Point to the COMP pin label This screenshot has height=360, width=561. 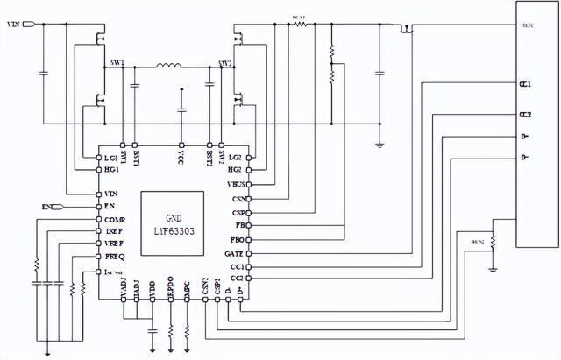point(114,219)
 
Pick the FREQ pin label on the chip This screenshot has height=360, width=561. point(114,257)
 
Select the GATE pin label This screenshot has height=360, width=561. point(235,253)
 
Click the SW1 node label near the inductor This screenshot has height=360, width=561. point(117,64)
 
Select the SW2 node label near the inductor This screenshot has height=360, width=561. point(224,64)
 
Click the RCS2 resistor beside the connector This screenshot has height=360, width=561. point(493,239)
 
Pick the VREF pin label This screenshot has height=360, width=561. point(114,244)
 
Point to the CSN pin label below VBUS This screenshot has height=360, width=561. point(238,199)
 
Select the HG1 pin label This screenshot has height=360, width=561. point(110,169)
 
